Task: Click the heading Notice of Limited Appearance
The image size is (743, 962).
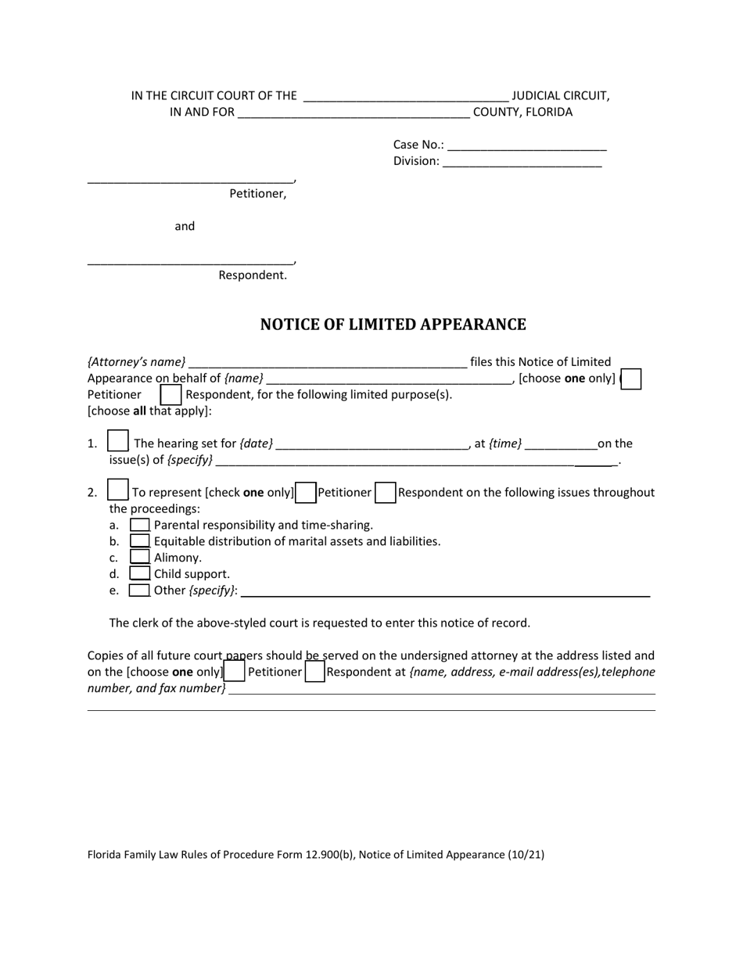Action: (x=393, y=325)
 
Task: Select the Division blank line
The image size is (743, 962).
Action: (x=522, y=163)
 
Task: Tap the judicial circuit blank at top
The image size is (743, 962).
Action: (x=405, y=98)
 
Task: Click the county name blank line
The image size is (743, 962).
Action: (x=353, y=113)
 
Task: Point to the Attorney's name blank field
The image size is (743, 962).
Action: (x=328, y=363)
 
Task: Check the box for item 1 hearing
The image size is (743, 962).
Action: (x=118, y=441)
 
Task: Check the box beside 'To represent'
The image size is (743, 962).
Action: (x=118, y=490)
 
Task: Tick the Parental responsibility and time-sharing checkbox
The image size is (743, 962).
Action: (x=139, y=525)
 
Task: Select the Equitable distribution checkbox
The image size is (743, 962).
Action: (x=139, y=540)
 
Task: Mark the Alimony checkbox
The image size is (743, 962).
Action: (x=139, y=557)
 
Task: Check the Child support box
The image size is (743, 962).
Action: (x=139, y=573)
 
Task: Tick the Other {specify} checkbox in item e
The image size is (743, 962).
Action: (x=139, y=590)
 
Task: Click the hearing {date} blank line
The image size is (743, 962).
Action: (x=371, y=445)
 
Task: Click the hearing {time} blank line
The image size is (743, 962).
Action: (x=561, y=445)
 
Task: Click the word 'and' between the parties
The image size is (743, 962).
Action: (x=185, y=226)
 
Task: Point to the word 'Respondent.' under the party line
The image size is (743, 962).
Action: (x=253, y=275)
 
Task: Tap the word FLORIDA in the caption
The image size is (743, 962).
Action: (x=549, y=112)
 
